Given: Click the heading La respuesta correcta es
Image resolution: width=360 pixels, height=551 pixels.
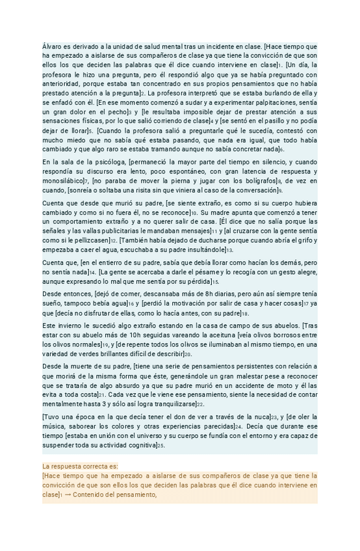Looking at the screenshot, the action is [x=81, y=466].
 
